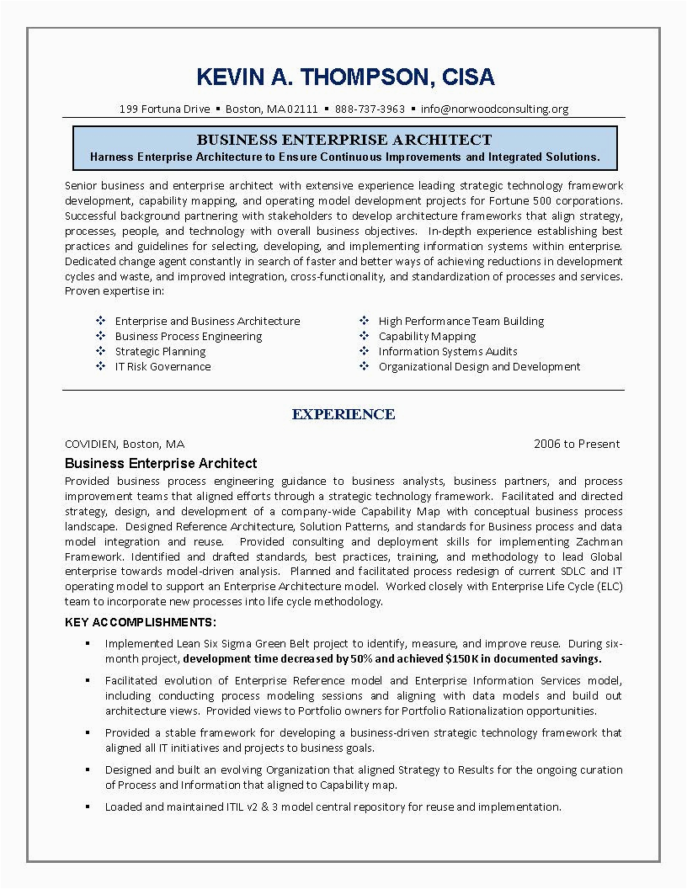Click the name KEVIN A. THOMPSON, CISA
pos(345,77)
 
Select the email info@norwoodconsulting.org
pos(495,109)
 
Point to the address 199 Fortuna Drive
pos(164,109)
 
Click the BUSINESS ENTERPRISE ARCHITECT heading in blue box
pos(344,140)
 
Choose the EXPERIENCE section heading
pos(343,414)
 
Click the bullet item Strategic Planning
pos(160,351)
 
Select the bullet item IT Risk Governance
pos(162,366)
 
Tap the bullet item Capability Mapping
pos(428,336)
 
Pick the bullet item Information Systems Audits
pos(448,351)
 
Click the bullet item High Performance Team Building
pos(461,321)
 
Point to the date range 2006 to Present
pos(577,444)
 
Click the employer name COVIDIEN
pos(91,444)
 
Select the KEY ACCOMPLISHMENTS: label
pos(141,622)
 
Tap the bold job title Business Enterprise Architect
pos(161,463)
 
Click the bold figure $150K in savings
pos(462,658)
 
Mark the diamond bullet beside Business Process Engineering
pos(100,336)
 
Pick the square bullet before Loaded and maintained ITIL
pos(88,807)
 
